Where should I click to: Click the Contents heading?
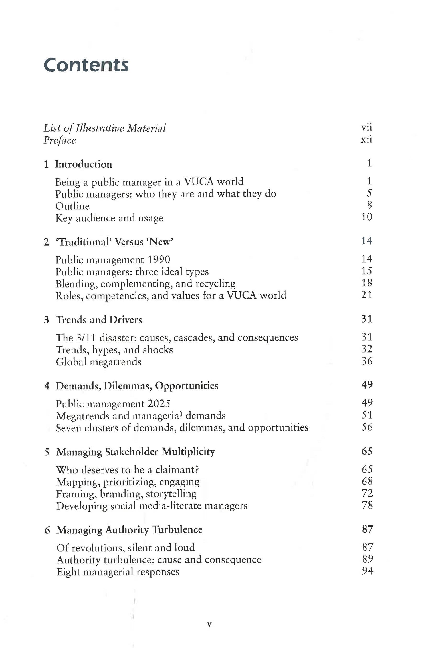pyautogui.click(x=86, y=65)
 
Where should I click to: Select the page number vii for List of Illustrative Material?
pyautogui.click(x=366, y=127)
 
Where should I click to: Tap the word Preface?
pyautogui.click(x=60, y=140)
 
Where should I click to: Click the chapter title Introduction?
pyautogui.click(x=83, y=164)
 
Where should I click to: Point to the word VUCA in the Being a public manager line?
pyautogui.click(x=199, y=181)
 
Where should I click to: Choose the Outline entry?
pyautogui.click(x=72, y=206)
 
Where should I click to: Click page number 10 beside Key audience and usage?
pyautogui.click(x=366, y=217)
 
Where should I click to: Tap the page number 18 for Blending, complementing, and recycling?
pyautogui.click(x=366, y=283)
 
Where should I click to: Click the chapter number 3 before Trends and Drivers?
pyautogui.click(x=47, y=320)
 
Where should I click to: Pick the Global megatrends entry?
pyautogui.click(x=98, y=362)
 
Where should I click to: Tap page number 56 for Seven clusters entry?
pyautogui.click(x=367, y=427)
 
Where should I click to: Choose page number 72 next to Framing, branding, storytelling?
pyautogui.click(x=367, y=493)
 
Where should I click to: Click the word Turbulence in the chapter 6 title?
pyautogui.click(x=177, y=530)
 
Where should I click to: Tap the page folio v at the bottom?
pyautogui.click(x=209, y=625)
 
